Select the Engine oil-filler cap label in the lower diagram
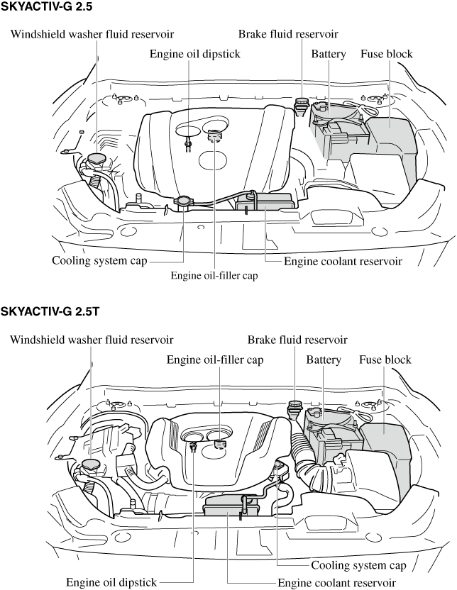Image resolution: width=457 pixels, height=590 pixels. (215, 360)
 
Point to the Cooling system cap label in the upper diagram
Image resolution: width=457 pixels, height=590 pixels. (99, 260)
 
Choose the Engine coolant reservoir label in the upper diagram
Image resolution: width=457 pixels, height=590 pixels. (343, 261)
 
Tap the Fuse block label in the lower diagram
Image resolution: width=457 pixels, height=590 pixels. (385, 360)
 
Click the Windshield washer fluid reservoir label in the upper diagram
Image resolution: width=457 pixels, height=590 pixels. (92, 33)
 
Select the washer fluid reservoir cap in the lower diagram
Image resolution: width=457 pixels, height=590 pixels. (91, 465)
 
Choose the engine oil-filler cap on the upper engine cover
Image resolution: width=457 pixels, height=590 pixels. (213, 133)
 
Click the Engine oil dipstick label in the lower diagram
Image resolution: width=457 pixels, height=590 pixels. (111, 582)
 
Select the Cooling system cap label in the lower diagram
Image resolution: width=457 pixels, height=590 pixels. (358, 565)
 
